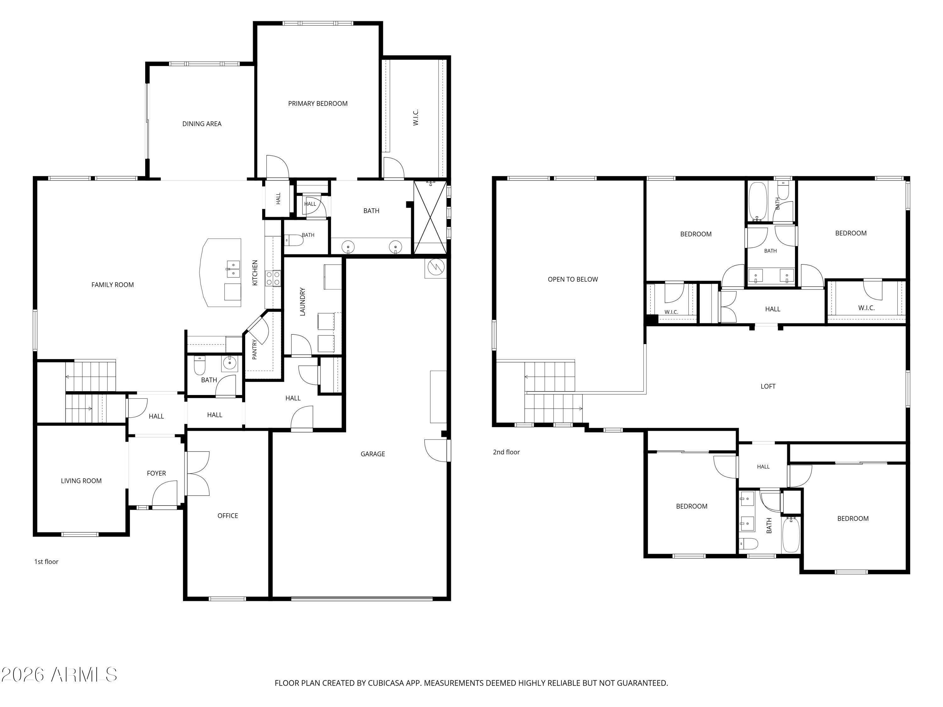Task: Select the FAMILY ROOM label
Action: [x=113, y=285]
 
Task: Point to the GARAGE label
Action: [x=372, y=454]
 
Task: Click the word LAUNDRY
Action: [x=303, y=301]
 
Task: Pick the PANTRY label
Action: [x=255, y=349]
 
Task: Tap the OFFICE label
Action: [x=228, y=516]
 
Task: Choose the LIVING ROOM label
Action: [x=81, y=481]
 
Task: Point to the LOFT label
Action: [x=768, y=386]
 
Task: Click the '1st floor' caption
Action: [x=46, y=562]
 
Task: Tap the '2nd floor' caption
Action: [x=506, y=452]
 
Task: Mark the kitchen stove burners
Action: [x=273, y=278]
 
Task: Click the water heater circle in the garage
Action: [x=435, y=267]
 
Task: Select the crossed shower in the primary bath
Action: [x=430, y=217]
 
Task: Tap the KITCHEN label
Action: [x=255, y=273]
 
